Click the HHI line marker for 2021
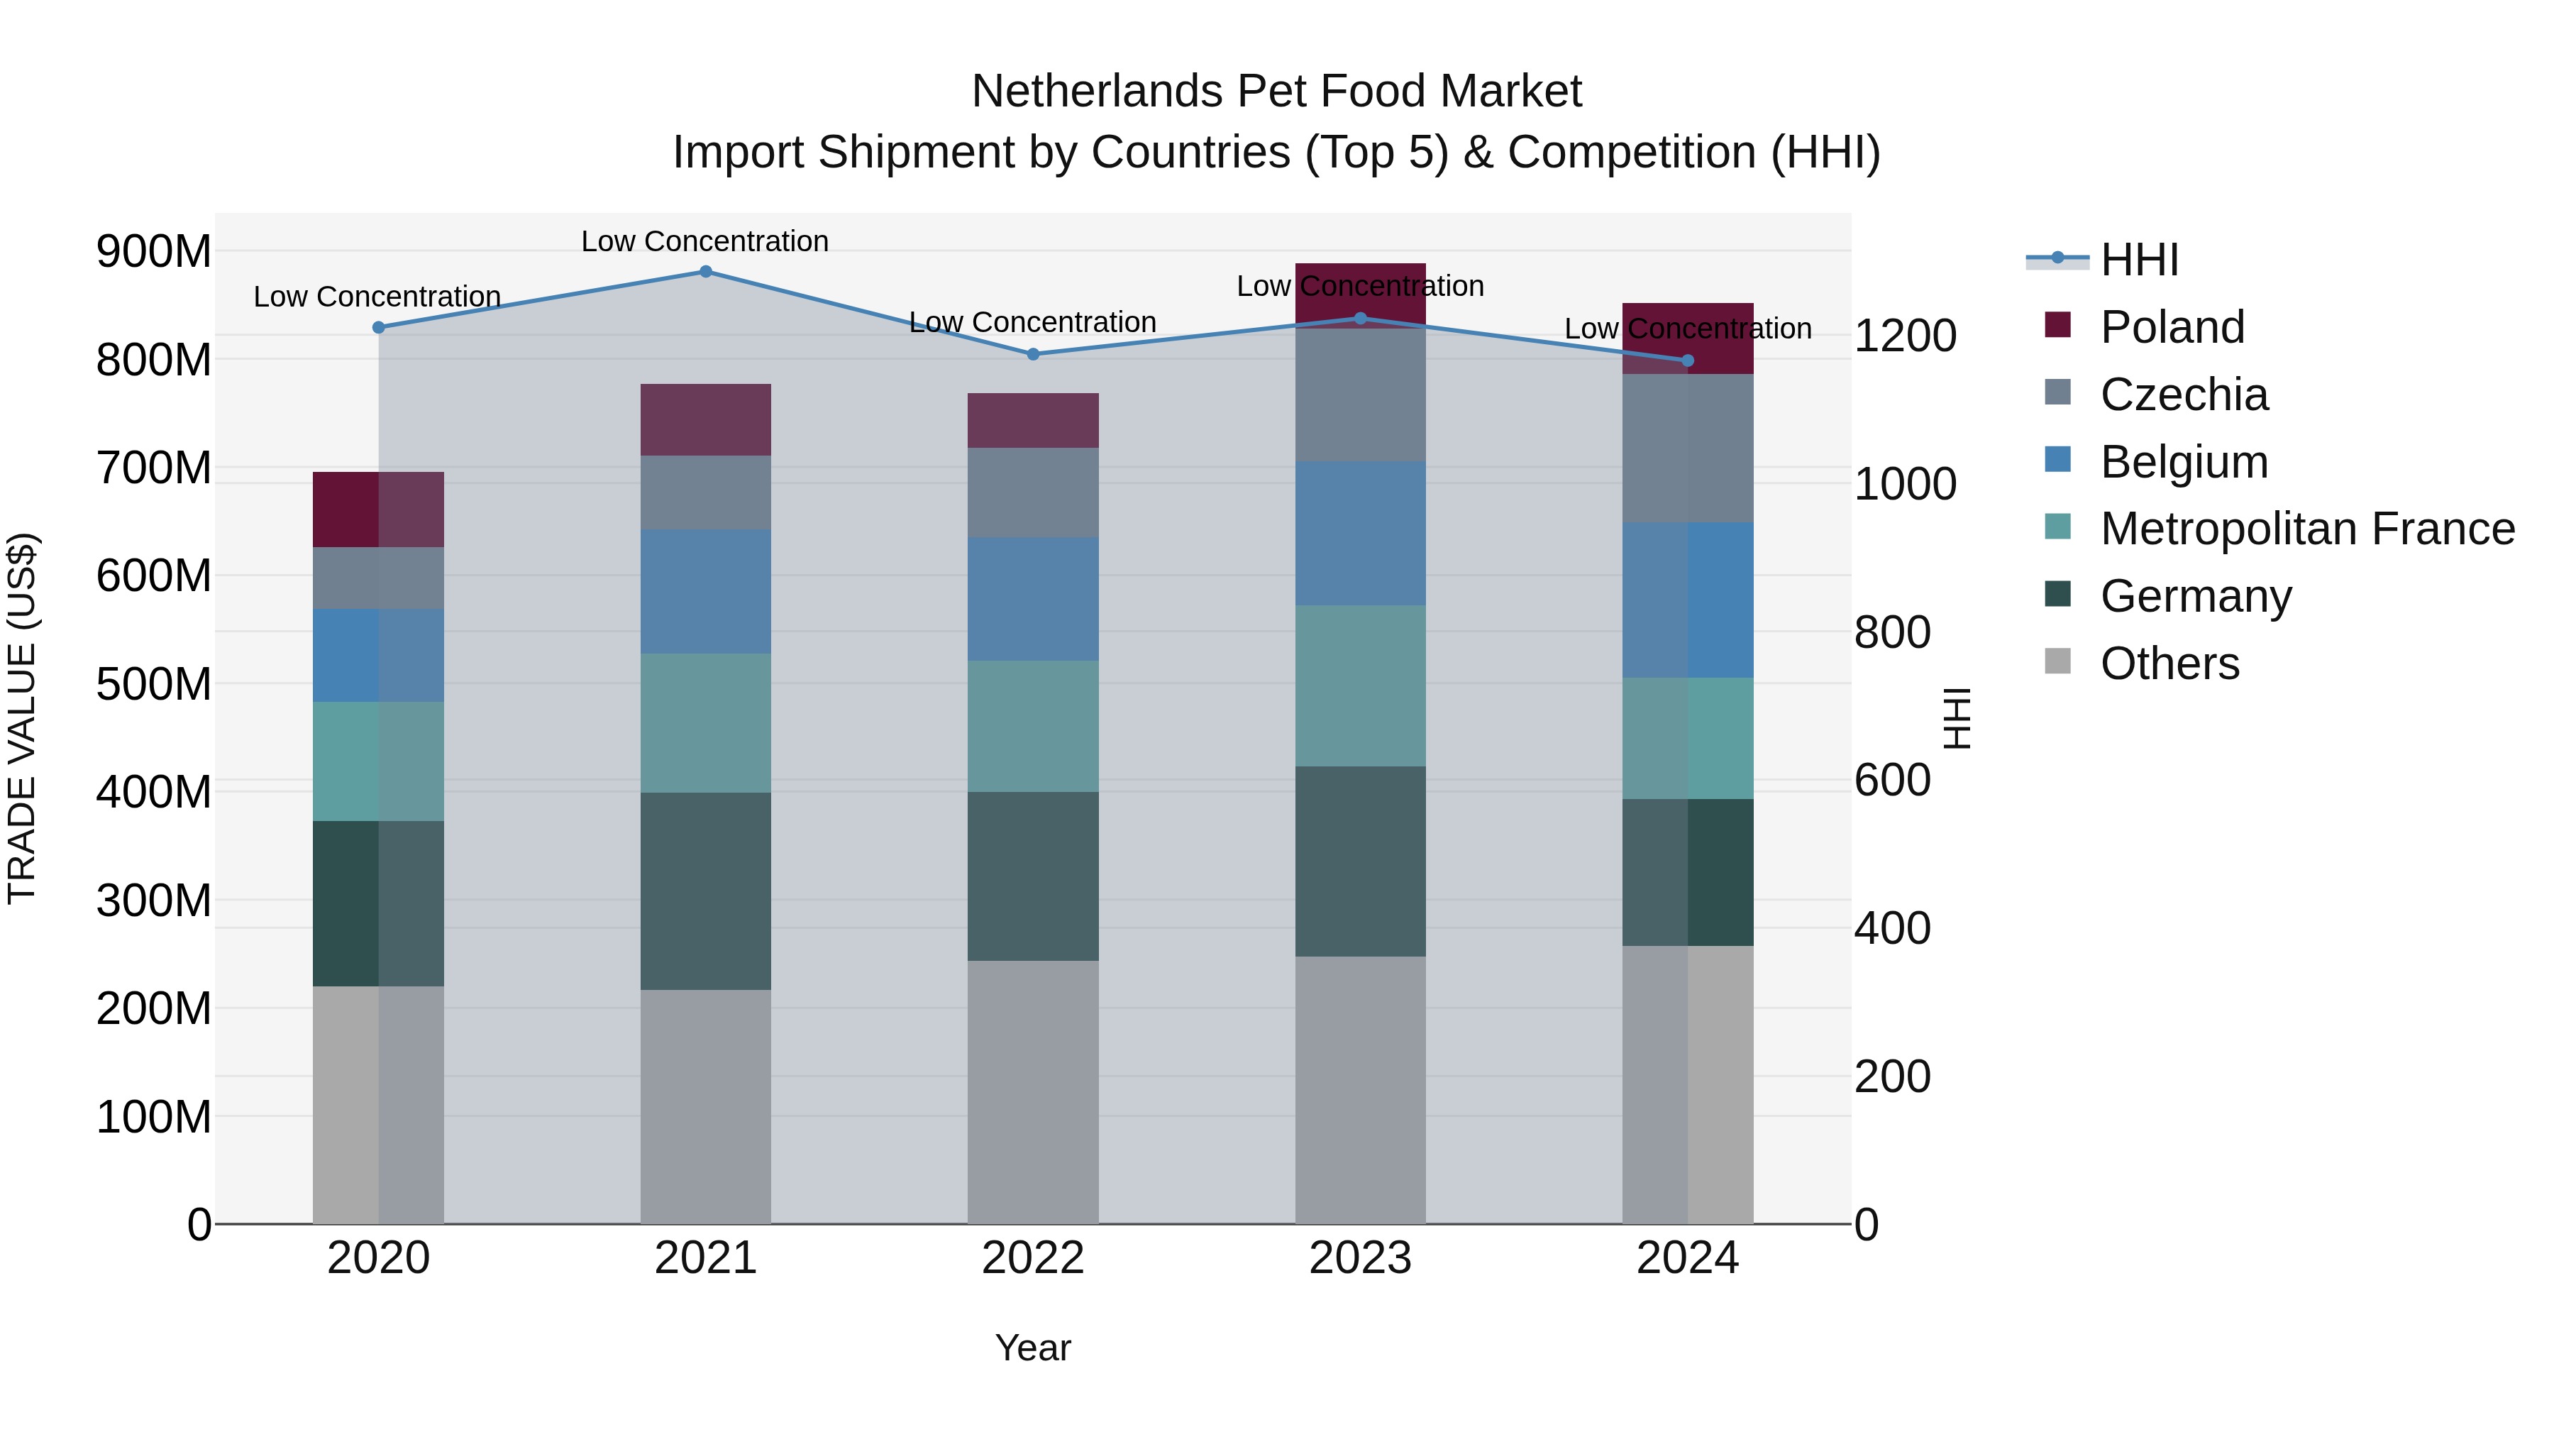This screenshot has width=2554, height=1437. click(705, 272)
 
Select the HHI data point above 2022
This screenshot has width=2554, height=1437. click(1032, 354)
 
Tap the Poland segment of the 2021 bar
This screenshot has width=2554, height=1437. click(705, 419)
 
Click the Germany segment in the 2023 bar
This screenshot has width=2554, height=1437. click(1359, 861)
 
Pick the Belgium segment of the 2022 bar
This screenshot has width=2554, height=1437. click(1032, 599)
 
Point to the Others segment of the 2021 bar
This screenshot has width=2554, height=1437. click(705, 1106)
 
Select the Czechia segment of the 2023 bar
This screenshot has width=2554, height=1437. click(1359, 395)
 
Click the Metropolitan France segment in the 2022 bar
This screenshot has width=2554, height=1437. click(1032, 726)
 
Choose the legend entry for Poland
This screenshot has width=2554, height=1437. click(2172, 327)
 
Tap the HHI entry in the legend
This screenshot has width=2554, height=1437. click(2138, 260)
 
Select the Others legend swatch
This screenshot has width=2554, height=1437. click(2057, 661)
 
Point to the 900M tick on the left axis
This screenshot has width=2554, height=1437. click(154, 252)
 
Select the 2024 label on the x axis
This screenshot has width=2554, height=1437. click(1686, 1257)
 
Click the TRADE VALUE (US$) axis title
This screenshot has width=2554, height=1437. click(23, 718)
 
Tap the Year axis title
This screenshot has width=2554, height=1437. click(1032, 1348)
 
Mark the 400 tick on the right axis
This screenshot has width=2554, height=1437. click(1891, 928)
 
